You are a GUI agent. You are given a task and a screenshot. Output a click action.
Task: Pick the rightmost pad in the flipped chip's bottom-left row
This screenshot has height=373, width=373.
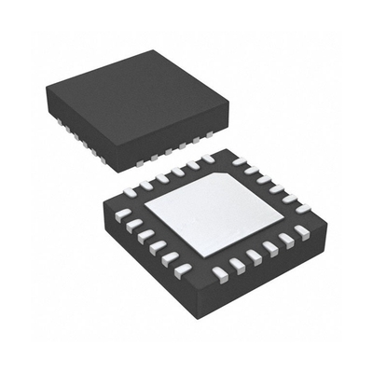[x=183, y=269]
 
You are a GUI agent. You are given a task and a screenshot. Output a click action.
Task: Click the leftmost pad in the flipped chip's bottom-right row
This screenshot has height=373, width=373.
[x=219, y=273]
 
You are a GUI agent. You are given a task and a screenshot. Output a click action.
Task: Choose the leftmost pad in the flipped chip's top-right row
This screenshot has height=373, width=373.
[x=239, y=161]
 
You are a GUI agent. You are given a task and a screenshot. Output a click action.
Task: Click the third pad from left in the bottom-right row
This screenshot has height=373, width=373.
[x=253, y=256]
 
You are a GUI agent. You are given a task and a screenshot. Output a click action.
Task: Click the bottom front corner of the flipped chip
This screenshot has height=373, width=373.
[x=200, y=308]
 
